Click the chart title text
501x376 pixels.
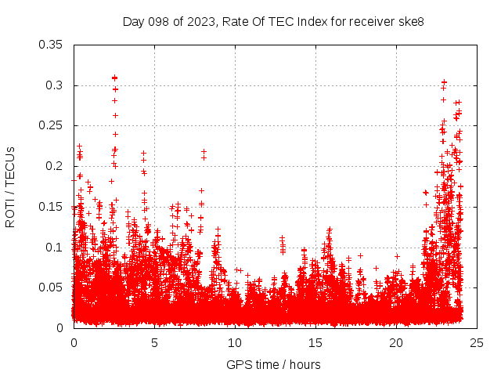coord(273,21)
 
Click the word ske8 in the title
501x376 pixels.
coord(411,21)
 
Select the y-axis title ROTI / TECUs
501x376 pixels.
coord(11,186)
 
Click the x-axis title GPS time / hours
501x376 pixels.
coord(273,364)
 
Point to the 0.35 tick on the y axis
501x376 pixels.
coord(52,45)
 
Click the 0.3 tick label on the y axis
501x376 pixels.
coord(55,85)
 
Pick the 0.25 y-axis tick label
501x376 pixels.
coord(52,125)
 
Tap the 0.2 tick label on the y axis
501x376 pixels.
coord(55,166)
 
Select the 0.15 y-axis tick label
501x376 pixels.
coord(52,207)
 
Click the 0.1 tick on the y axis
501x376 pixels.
coord(55,247)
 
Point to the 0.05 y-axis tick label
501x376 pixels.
coord(52,287)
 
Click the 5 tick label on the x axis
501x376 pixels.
coord(154,342)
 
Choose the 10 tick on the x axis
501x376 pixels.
coord(235,342)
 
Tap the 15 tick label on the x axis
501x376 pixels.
coord(315,342)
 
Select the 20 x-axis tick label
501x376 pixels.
coord(396,342)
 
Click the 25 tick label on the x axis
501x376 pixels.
coord(477,342)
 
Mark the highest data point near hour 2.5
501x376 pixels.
coord(115,78)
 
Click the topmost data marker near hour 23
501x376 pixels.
coord(444,81)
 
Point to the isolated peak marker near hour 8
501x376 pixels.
coord(204,151)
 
